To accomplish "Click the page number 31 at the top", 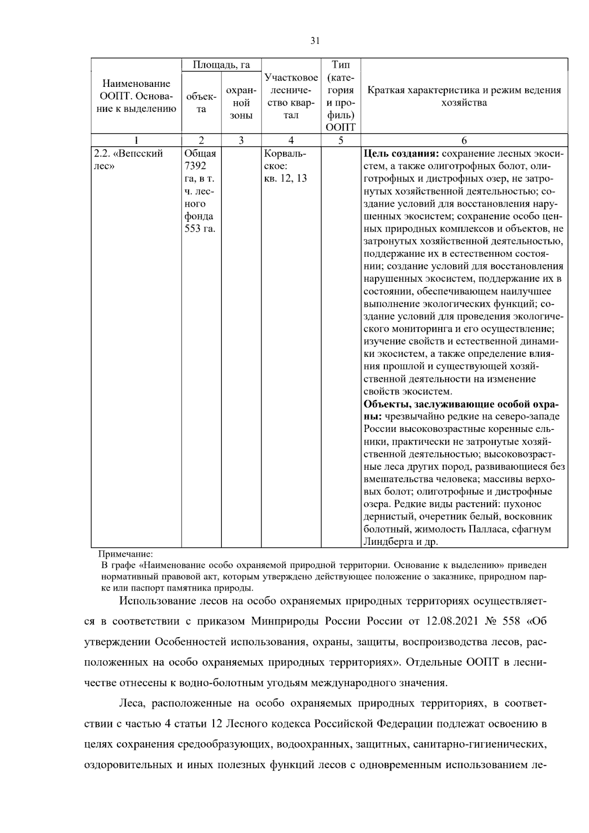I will pyautogui.click(x=315, y=41).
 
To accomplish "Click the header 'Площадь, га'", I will pyautogui.click(x=221, y=65).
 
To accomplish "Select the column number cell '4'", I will pyautogui.click(x=291, y=140).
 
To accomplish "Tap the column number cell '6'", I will pyautogui.click(x=464, y=140).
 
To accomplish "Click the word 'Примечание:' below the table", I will pyautogui.click(x=126, y=555).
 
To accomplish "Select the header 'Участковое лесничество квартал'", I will pyautogui.click(x=291, y=96).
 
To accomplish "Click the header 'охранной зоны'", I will pyautogui.click(x=241, y=103).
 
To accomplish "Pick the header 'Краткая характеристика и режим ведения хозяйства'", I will pyautogui.click(x=464, y=96).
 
